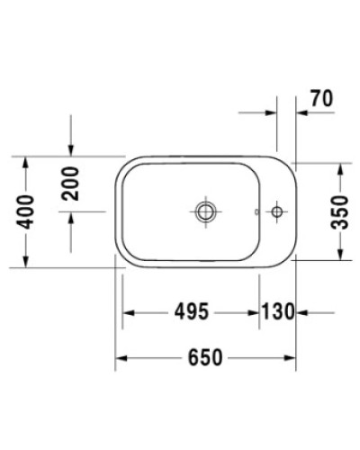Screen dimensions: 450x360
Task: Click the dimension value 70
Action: click(321, 100)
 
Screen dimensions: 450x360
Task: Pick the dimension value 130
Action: click(277, 312)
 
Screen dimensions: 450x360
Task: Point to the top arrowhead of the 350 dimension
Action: click(339, 169)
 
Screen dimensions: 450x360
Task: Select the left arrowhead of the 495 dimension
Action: click(128, 312)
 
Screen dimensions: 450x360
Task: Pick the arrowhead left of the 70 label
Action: click(271, 112)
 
